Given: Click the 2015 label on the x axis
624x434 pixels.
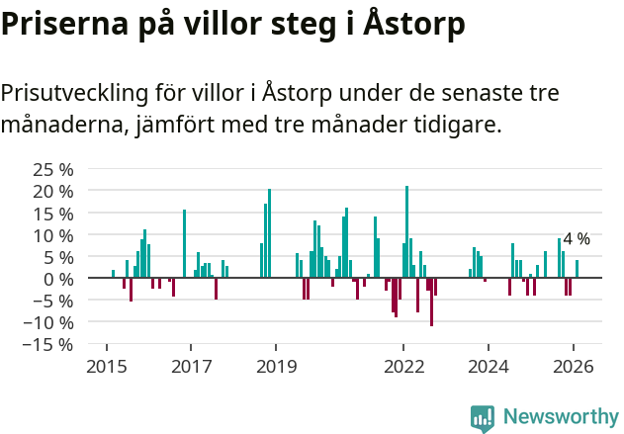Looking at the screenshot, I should tap(106, 366).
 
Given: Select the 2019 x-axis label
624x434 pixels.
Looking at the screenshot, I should tap(276, 366).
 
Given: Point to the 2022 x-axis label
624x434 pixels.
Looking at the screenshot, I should tap(403, 366).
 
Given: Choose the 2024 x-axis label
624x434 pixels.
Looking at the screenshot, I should tap(489, 366).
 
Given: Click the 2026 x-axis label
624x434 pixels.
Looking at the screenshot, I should tap(574, 366).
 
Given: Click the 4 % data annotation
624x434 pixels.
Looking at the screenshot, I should tap(577, 239).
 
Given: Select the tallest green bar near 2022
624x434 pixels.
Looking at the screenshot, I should tap(406, 231).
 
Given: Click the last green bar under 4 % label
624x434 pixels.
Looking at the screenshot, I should tap(578, 269).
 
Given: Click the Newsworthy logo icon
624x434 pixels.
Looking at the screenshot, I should tap(483, 417).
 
